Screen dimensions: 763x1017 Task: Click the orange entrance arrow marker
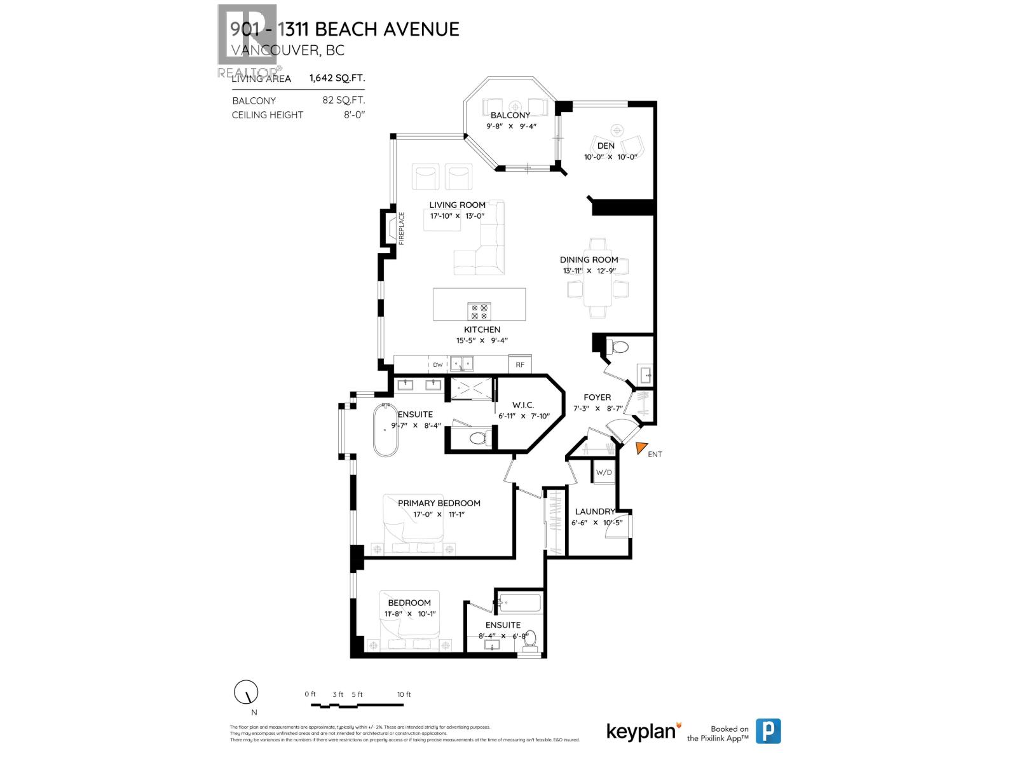click(641, 448)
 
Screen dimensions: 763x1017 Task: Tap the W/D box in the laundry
click(603, 472)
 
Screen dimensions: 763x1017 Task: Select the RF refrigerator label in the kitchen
click(520, 364)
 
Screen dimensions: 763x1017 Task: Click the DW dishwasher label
click(437, 364)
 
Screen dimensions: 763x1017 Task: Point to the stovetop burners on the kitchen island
click(479, 311)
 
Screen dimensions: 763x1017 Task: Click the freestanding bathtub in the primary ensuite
click(385, 430)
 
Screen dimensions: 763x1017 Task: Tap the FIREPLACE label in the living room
click(401, 228)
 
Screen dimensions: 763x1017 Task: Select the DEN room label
click(606, 146)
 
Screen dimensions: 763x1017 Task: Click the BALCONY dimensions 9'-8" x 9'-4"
click(511, 126)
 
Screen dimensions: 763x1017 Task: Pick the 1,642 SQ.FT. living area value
click(337, 78)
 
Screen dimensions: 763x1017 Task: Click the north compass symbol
click(246, 692)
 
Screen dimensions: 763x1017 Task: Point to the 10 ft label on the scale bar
click(404, 694)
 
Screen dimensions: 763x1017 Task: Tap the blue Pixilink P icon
click(768, 731)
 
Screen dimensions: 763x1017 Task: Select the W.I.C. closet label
click(523, 405)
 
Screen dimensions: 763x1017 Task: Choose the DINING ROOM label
click(589, 259)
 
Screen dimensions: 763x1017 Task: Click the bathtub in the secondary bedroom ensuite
click(520, 603)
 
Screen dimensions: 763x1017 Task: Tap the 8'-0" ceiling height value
click(354, 115)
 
